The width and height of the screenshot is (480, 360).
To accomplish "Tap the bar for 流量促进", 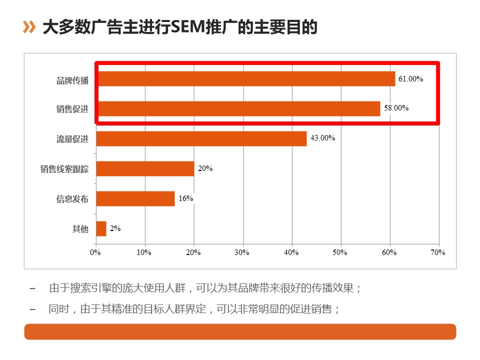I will point(201,138).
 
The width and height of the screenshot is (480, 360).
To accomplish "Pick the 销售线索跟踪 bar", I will point(145,168).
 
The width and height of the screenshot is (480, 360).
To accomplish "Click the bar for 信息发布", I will point(135,198).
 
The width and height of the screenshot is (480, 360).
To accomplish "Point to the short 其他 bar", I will point(101,228).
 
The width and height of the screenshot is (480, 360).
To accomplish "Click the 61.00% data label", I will point(411,78).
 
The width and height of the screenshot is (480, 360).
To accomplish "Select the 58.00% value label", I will point(396,107).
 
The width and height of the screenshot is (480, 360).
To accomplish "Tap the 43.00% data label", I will point(322,138).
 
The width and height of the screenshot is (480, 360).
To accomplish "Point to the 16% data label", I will point(186,198).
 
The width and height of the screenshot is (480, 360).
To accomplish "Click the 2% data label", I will point(115,228).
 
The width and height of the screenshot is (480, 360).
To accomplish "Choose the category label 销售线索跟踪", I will point(64,169).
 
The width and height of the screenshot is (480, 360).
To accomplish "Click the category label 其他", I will point(80,229).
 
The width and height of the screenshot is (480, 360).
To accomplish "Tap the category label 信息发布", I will point(72,199).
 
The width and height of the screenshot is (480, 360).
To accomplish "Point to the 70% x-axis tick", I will point(438,252).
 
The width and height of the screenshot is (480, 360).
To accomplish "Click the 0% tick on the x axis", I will point(95,252).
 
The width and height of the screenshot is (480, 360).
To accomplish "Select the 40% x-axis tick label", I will point(291,252).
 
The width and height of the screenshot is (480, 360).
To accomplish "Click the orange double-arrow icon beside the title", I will point(29,27).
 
